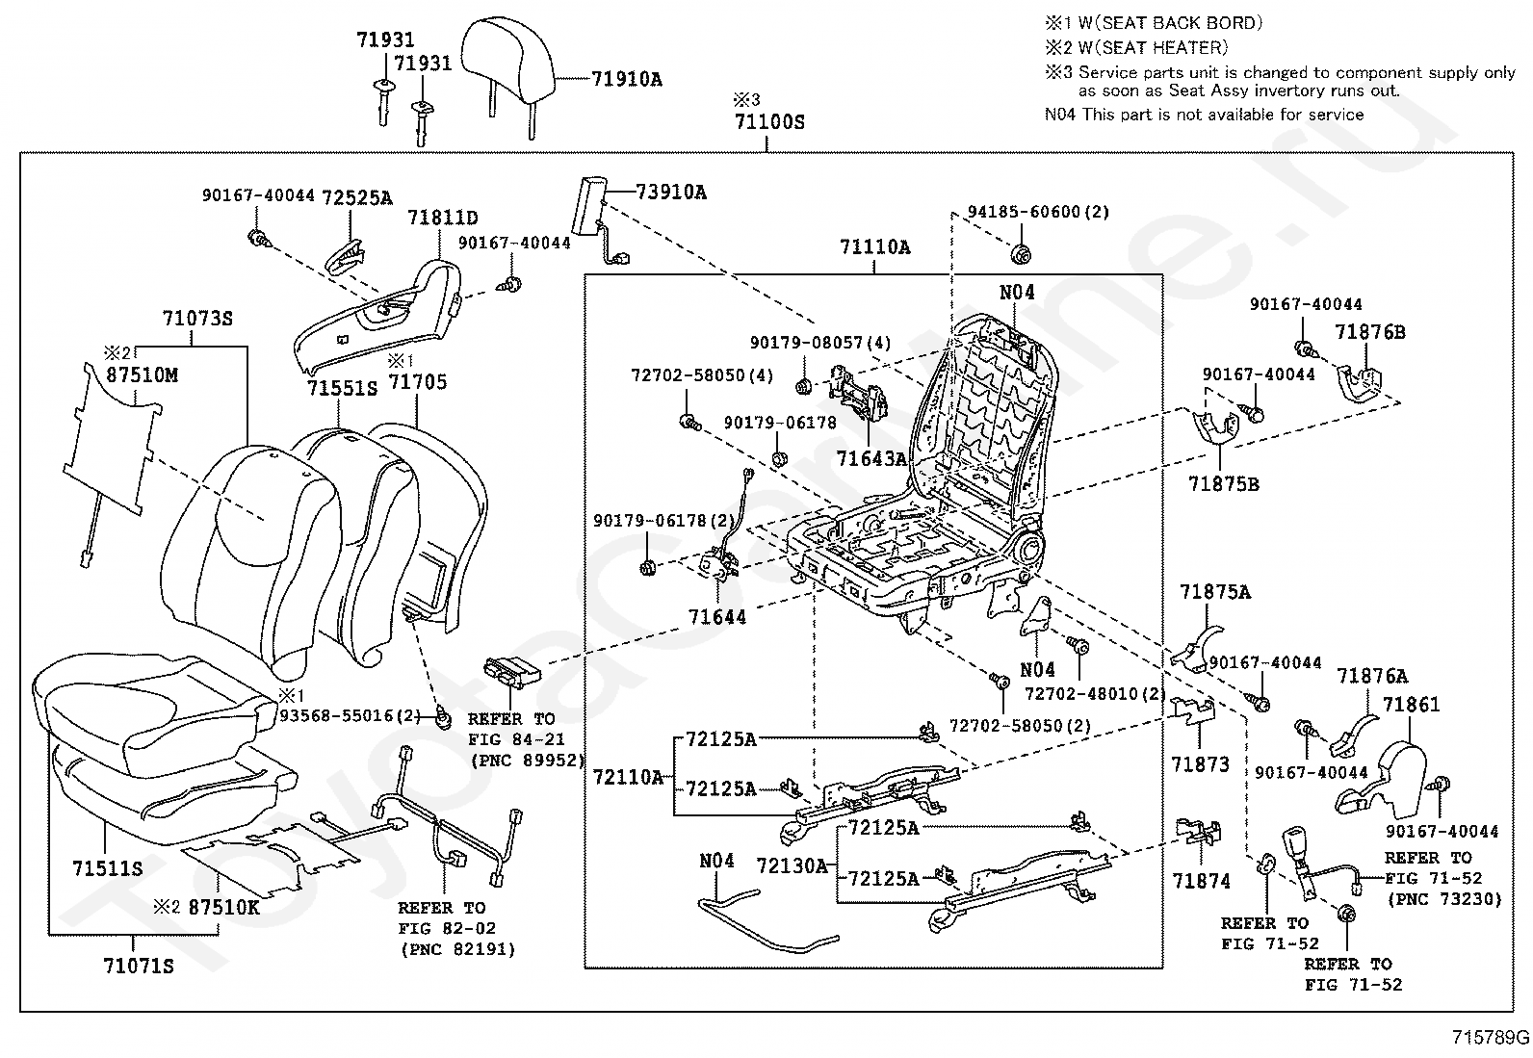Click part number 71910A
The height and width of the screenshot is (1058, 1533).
(627, 79)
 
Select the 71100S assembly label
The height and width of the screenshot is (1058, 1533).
(769, 122)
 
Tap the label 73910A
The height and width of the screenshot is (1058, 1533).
(670, 193)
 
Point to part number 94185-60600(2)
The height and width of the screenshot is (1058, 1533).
(1038, 212)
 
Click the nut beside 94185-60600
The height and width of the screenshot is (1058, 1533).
(1021, 255)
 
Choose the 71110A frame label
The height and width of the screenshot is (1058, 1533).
(875, 247)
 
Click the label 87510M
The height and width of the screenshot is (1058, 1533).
(142, 375)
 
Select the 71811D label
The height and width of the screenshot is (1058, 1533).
(443, 218)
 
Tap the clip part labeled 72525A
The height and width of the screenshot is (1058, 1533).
(347, 254)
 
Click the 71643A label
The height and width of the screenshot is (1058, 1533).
(871, 458)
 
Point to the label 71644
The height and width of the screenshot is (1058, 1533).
(717, 617)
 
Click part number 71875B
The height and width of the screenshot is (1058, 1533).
(1224, 484)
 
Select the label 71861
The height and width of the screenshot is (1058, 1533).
(1411, 705)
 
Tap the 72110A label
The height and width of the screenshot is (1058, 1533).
(628, 778)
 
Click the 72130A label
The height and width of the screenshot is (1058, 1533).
(792, 866)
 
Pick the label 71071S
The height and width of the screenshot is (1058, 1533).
(139, 967)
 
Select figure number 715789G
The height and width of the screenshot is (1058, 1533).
(1491, 1038)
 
